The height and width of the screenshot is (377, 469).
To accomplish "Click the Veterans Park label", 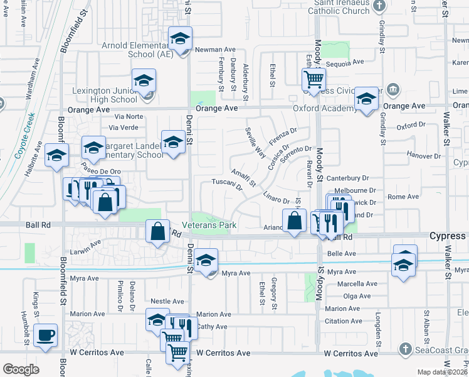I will (209, 225).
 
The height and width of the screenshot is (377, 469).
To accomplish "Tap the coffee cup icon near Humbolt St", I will (46, 334).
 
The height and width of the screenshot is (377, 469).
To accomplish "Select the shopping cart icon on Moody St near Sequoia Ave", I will (314, 80).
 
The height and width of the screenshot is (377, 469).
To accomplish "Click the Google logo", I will (21, 369).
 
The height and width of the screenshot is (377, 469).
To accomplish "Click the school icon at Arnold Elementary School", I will (180, 40).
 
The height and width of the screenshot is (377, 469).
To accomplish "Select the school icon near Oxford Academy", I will (367, 99).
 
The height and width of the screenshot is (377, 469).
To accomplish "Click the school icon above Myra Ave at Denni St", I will (206, 260).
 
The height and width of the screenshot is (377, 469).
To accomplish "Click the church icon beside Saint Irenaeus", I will (379, 6).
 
